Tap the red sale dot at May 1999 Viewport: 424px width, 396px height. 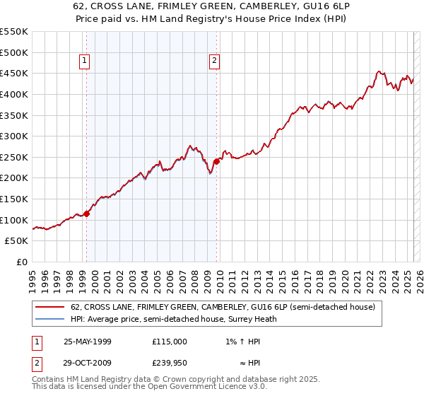pyautogui.click(x=87, y=213)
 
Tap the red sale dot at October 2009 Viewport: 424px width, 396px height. pyautogui.click(x=216, y=161)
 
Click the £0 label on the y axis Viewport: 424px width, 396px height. pyautogui.click(x=21, y=262)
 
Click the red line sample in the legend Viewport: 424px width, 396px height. pyautogui.click(x=49, y=307)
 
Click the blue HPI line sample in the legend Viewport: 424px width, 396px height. pyautogui.click(x=49, y=319)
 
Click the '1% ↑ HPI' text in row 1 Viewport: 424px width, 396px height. pyautogui.click(x=243, y=341)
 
